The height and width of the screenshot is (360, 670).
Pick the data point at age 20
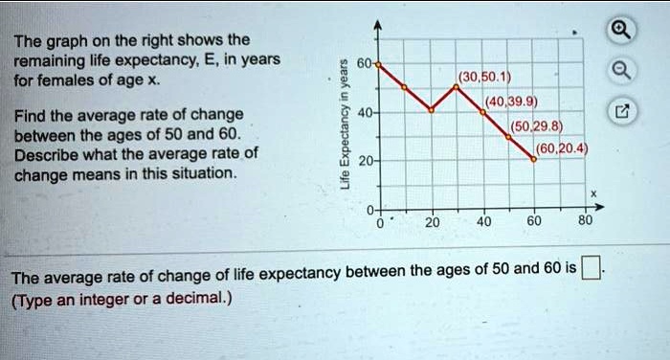point(431,111)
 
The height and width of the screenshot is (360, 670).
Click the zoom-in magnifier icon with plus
point(622,27)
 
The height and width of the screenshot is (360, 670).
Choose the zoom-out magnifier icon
point(622,69)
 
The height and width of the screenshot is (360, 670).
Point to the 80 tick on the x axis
point(586,219)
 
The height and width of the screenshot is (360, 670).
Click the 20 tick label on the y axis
point(364,162)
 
